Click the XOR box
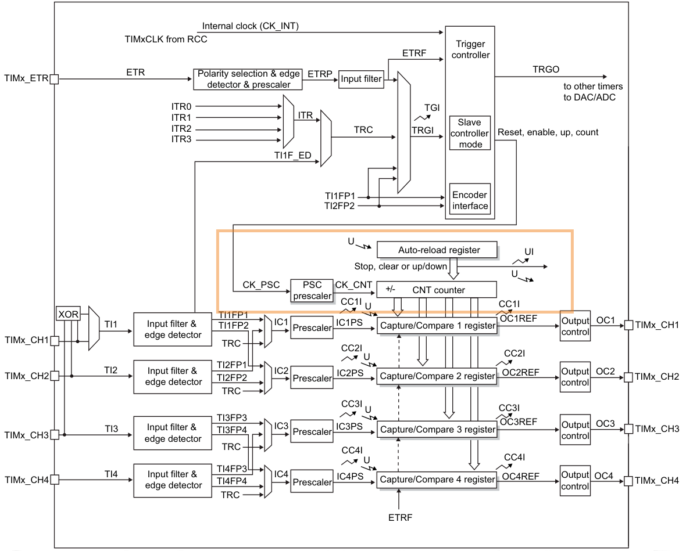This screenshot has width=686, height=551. click(x=68, y=314)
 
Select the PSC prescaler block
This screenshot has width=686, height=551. click(x=312, y=290)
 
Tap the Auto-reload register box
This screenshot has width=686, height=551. click(x=437, y=250)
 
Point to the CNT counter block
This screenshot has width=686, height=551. click(x=437, y=290)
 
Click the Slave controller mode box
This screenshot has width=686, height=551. click(x=470, y=134)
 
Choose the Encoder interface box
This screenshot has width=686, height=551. click(x=470, y=200)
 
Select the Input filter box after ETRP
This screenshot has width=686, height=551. click(x=361, y=79)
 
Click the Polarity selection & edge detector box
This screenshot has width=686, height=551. click(x=248, y=79)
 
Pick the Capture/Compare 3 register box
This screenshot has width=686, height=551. click(x=437, y=430)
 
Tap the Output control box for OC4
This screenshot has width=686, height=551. click(x=576, y=481)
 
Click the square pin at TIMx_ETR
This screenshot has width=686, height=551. click(x=54, y=79)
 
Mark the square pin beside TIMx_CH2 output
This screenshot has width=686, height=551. click(x=628, y=377)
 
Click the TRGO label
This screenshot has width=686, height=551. click(x=545, y=70)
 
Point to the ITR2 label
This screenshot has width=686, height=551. click(x=181, y=128)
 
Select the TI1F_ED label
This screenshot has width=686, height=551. click(x=292, y=156)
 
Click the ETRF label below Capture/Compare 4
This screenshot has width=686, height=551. click(x=401, y=517)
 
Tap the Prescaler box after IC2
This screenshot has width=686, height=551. click(x=312, y=378)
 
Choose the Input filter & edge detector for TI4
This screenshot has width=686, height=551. click(x=173, y=480)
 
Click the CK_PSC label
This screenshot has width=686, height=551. click(x=261, y=285)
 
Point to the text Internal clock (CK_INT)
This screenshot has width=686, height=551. click(x=250, y=26)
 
